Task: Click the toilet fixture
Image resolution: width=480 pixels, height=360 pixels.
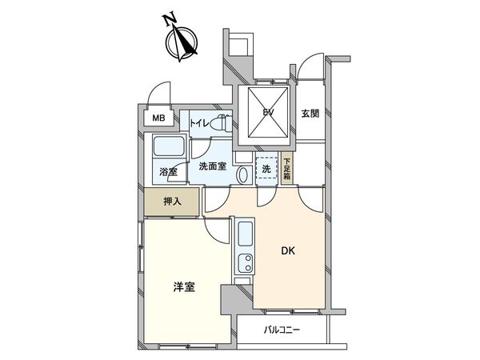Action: pos(223,124)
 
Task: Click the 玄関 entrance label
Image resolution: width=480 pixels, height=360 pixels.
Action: pos(310,113)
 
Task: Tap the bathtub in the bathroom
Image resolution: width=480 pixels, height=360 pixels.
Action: pos(169,148)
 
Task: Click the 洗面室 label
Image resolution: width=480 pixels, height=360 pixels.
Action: pos(212,166)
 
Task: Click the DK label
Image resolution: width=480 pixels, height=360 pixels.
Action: pos(288,252)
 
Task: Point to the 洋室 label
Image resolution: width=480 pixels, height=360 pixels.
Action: pos(183,288)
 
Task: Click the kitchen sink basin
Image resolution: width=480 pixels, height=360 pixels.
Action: pos(246,234)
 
